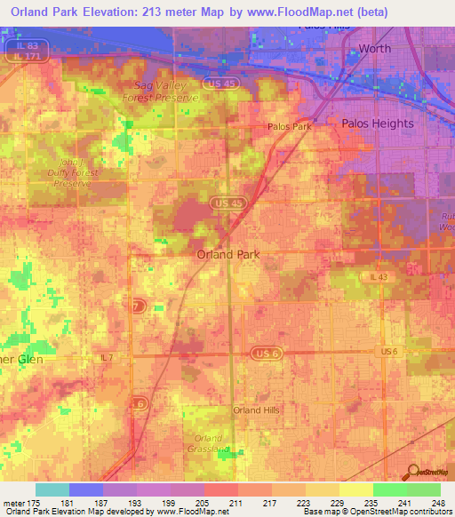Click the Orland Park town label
click(227, 254)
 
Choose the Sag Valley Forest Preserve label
click(162, 85)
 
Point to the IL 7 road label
click(106, 356)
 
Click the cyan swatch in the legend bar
click(52, 489)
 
